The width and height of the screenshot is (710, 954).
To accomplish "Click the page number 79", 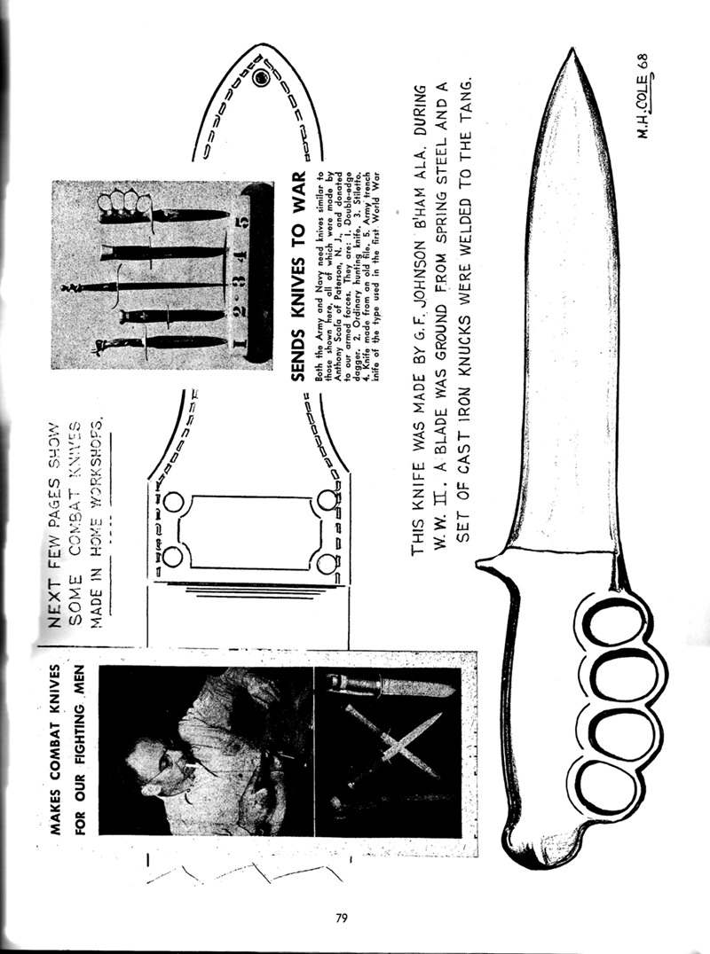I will [x=342, y=918].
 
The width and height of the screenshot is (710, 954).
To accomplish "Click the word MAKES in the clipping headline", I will [x=56, y=806].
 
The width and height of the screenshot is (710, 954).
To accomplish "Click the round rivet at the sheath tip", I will [x=262, y=80].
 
